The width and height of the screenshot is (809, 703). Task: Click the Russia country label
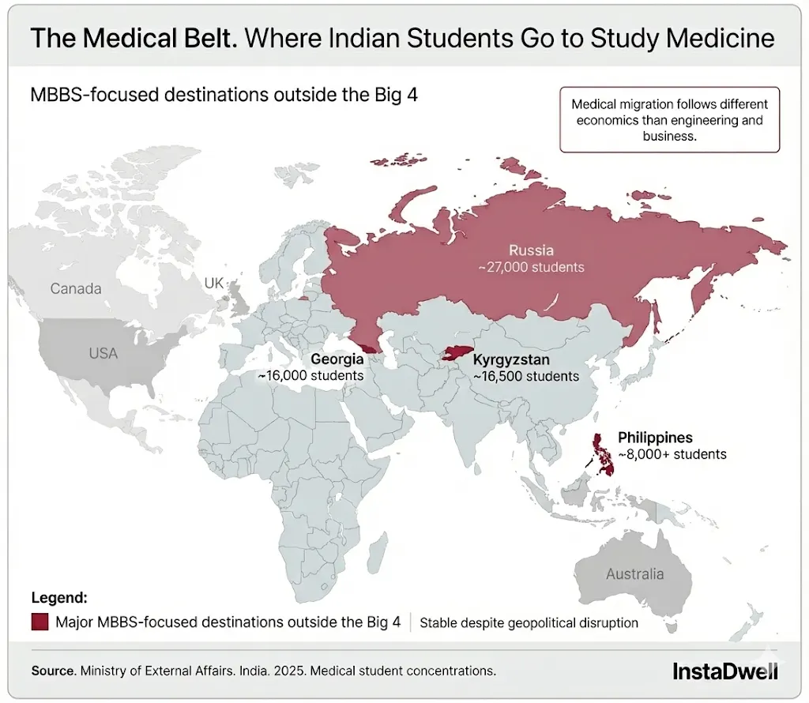pos(531,250)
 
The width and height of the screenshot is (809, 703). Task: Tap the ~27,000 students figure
pos(531,267)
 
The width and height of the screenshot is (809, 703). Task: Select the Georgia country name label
pos(337,359)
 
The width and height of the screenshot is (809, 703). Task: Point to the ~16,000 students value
pos(310,375)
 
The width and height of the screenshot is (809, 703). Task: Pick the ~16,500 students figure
pos(526,377)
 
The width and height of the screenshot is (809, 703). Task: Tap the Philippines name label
pos(655,438)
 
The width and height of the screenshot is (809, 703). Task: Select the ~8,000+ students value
pos(672,454)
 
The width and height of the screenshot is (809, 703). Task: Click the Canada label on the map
pos(76,288)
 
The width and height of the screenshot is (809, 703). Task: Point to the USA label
pos(103,353)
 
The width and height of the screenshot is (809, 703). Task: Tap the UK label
pos(214,283)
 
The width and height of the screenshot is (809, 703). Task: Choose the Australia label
pos(635,574)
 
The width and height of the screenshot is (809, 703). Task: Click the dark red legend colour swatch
pos(40,622)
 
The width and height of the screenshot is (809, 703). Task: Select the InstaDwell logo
pos(724,671)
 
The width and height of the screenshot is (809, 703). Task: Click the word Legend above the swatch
pos(59,598)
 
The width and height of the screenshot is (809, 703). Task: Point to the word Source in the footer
pos(53,671)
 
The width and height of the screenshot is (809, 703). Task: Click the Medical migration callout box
pos(668,119)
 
